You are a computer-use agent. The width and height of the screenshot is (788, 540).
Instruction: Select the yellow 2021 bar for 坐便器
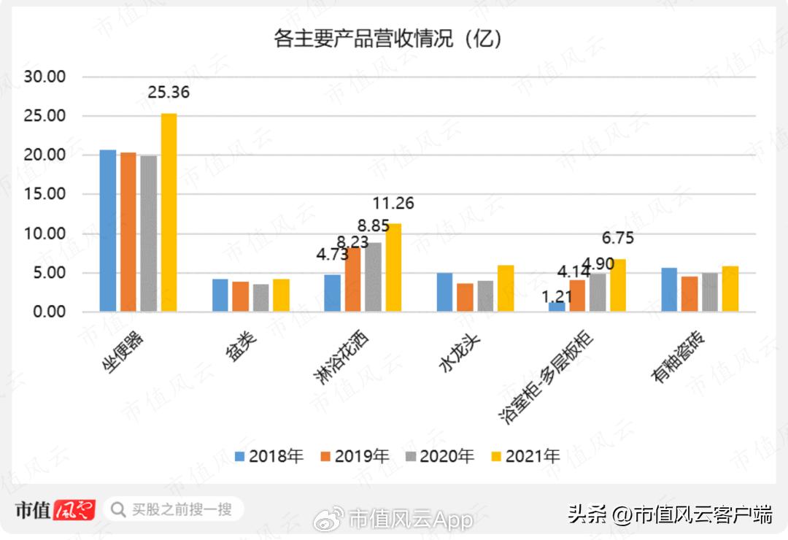[x=169, y=212]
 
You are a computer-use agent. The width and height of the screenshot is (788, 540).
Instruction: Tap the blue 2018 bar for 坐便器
[x=108, y=231]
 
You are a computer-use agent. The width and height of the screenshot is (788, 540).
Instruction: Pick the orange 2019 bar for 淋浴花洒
[x=353, y=279]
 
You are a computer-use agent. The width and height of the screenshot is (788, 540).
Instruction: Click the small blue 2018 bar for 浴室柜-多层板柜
[x=557, y=306]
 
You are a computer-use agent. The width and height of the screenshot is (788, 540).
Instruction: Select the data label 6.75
[x=618, y=239]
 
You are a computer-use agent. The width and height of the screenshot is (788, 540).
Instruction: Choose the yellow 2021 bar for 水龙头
[x=506, y=288]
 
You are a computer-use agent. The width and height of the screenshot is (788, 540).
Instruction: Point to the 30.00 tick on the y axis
[x=45, y=77]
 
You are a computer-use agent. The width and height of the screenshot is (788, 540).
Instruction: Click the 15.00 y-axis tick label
[x=45, y=195]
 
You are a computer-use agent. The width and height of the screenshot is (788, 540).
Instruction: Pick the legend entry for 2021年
[x=525, y=457]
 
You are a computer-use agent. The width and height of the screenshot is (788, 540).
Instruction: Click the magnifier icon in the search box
[x=117, y=509]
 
